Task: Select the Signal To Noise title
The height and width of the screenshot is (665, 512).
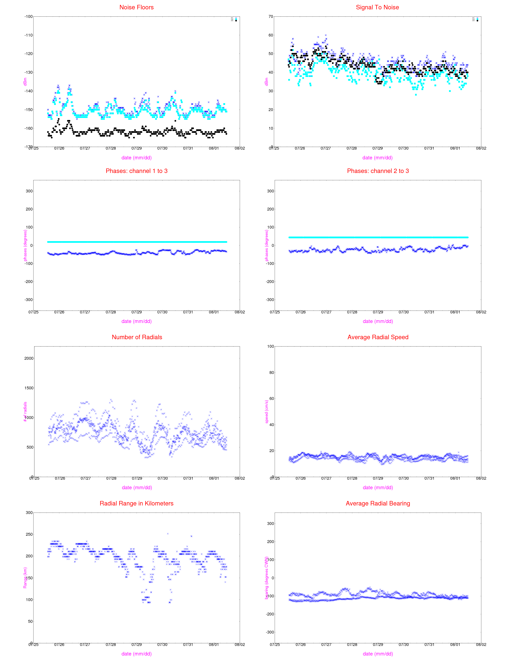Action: pos(377,7)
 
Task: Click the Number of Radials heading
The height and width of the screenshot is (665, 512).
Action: pos(137,337)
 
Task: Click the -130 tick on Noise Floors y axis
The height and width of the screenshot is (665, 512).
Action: pos(28,72)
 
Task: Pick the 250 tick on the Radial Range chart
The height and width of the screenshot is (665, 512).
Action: pos(29,534)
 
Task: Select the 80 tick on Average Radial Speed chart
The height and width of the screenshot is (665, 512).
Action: pos(271,372)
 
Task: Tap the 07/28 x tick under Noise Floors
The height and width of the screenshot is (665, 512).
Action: pos(111,148)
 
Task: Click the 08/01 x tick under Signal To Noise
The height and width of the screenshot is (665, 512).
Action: pos(455,148)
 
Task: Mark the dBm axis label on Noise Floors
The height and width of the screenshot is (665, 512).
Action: pos(25,82)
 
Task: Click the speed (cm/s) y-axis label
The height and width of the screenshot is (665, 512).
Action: pos(267,412)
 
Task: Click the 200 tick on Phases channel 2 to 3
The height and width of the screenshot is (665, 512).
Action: pos(270,209)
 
